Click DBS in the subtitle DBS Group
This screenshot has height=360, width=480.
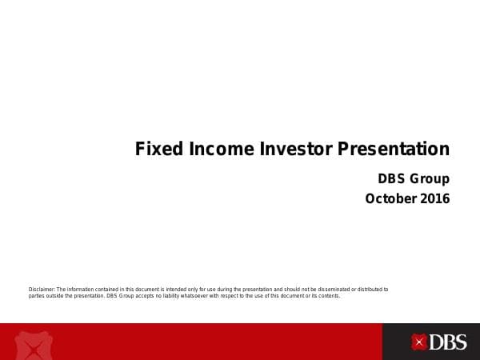click(393, 178)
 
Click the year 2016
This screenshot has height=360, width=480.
click(434, 198)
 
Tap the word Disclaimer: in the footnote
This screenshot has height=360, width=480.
click(41, 289)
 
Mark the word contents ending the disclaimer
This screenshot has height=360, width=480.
click(327, 295)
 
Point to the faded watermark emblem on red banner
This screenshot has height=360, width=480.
click(34, 345)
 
